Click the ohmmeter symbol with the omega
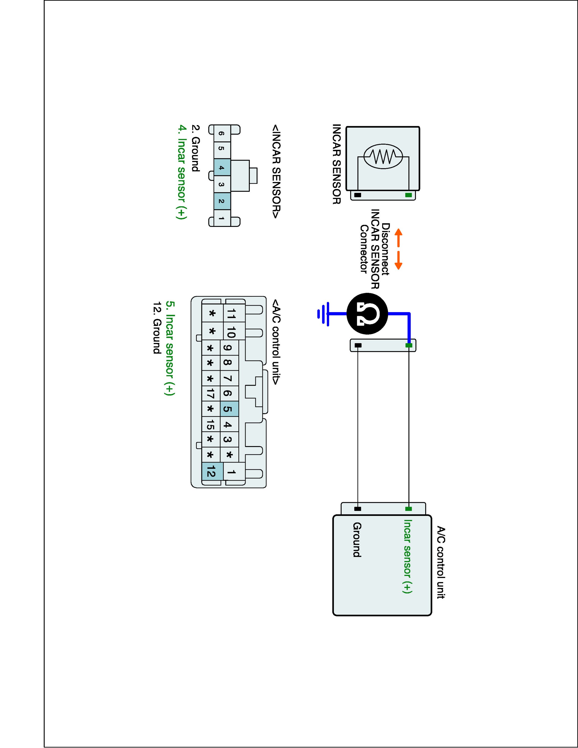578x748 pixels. [x=367, y=313]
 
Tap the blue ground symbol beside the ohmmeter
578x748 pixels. [x=324, y=314]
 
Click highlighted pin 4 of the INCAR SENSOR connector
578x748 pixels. [x=222, y=168]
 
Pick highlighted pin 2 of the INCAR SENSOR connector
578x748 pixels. [x=222, y=201]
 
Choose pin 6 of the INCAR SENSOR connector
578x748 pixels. [x=222, y=134]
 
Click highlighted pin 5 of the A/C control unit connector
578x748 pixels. [x=229, y=409]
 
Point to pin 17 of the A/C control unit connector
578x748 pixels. [x=211, y=394]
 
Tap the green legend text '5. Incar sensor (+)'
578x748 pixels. [x=170, y=348]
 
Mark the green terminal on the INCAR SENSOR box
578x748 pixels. [x=408, y=195]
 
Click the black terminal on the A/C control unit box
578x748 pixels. [x=358, y=509]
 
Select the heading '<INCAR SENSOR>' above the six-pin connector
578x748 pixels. [x=276, y=171]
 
